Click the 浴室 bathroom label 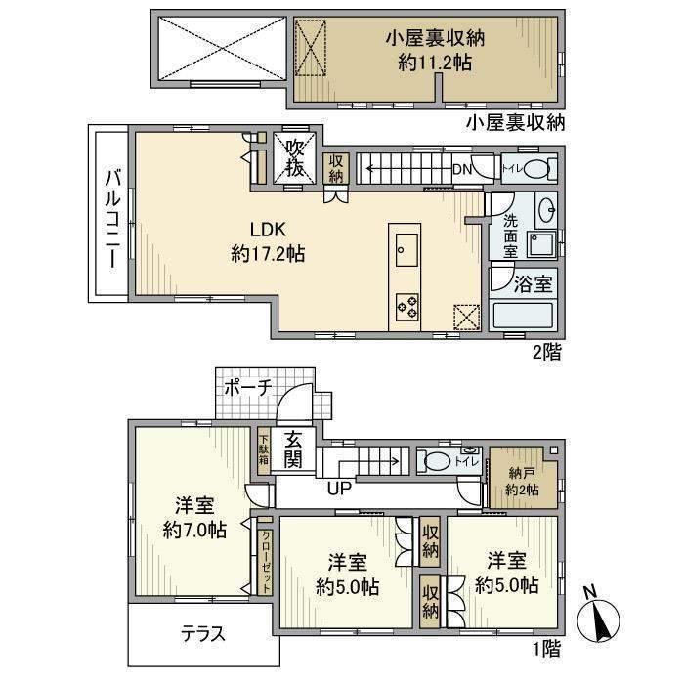(x=533, y=285)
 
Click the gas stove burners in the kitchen (x=406, y=306)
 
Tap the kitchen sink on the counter (x=406, y=249)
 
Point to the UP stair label (x=340, y=487)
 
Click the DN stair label (x=462, y=169)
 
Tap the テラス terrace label (x=203, y=633)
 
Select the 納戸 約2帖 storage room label (x=523, y=481)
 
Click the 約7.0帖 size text (x=194, y=531)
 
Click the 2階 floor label (x=547, y=354)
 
